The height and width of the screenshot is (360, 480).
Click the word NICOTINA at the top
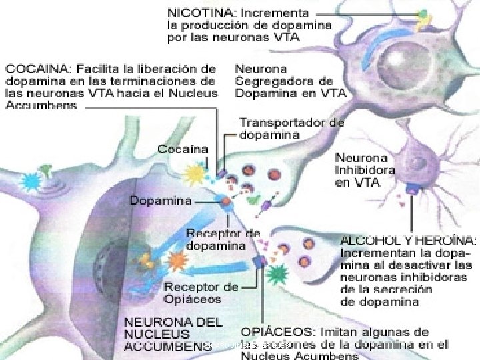pyautogui.click(x=198, y=12)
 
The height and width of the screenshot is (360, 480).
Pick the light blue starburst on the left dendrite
pyautogui.click(x=31, y=181)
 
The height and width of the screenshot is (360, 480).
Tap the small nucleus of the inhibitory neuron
pyautogui.click(x=419, y=163)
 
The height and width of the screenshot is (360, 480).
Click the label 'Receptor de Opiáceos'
pyautogui.click(x=201, y=293)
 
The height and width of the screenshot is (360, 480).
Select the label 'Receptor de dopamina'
pyautogui.click(x=223, y=239)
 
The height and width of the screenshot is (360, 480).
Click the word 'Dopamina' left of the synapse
pyautogui.click(x=161, y=200)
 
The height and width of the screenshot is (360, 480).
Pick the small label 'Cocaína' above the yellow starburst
pyautogui.click(x=182, y=149)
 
